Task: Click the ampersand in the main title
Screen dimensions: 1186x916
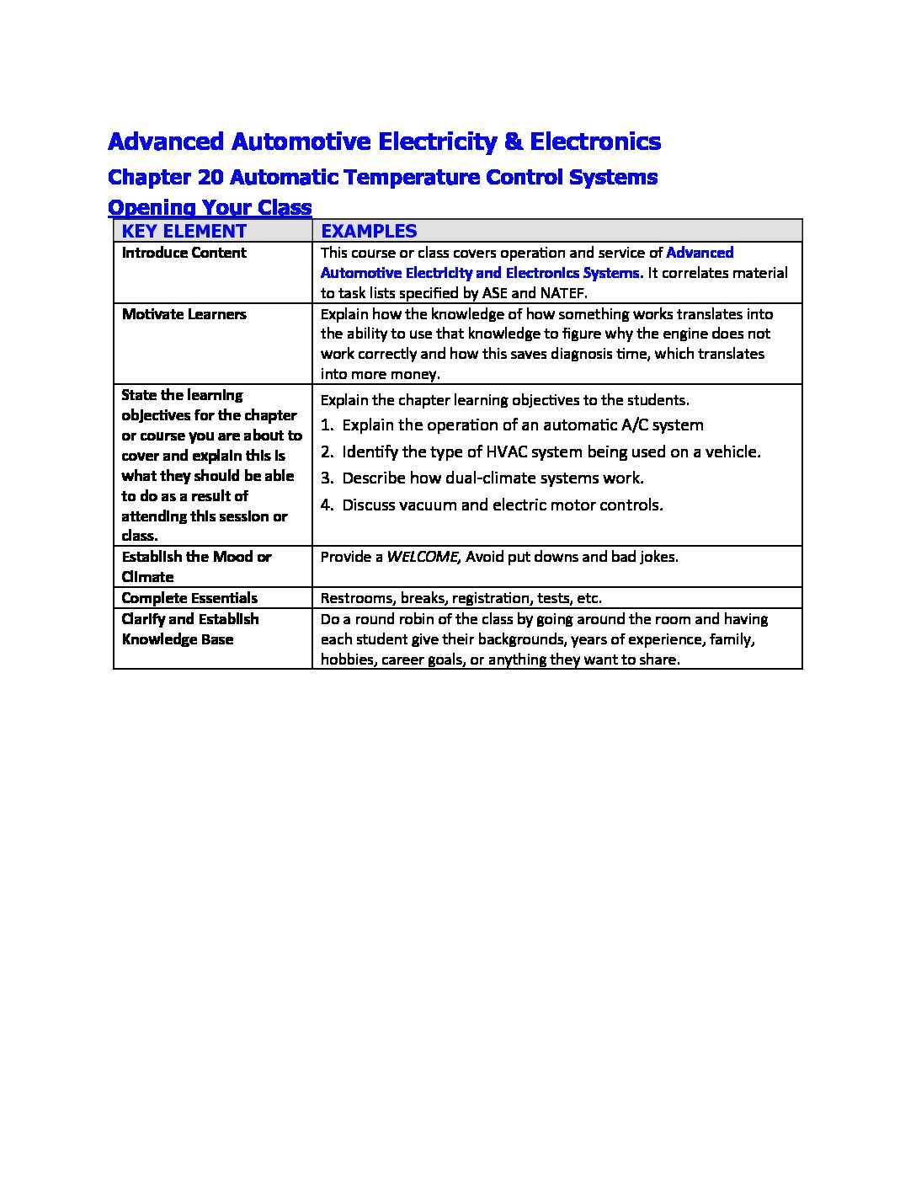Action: pyautogui.click(x=513, y=142)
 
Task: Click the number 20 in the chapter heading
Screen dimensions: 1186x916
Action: pyautogui.click(x=209, y=178)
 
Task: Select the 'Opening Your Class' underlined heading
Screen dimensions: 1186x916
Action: pyautogui.click(x=210, y=207)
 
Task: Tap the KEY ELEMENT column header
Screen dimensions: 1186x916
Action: pyautogui.click(x=184, y=231)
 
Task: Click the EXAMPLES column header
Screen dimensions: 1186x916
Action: pyautogui.click(x=369, y=231)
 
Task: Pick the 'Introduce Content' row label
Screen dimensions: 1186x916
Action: pyautogui.click(x=184, y=253)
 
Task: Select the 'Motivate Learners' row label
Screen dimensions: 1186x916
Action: pyautogui.click(x=184, y=314)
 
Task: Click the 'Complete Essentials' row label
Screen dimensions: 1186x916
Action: pyautogui.click(x=189, y=598)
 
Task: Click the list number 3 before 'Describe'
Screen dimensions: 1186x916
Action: pyautogui.click(x=327, y=478)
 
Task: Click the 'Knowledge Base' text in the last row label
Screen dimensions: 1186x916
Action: pyautogui.click(x=178, y=639)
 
